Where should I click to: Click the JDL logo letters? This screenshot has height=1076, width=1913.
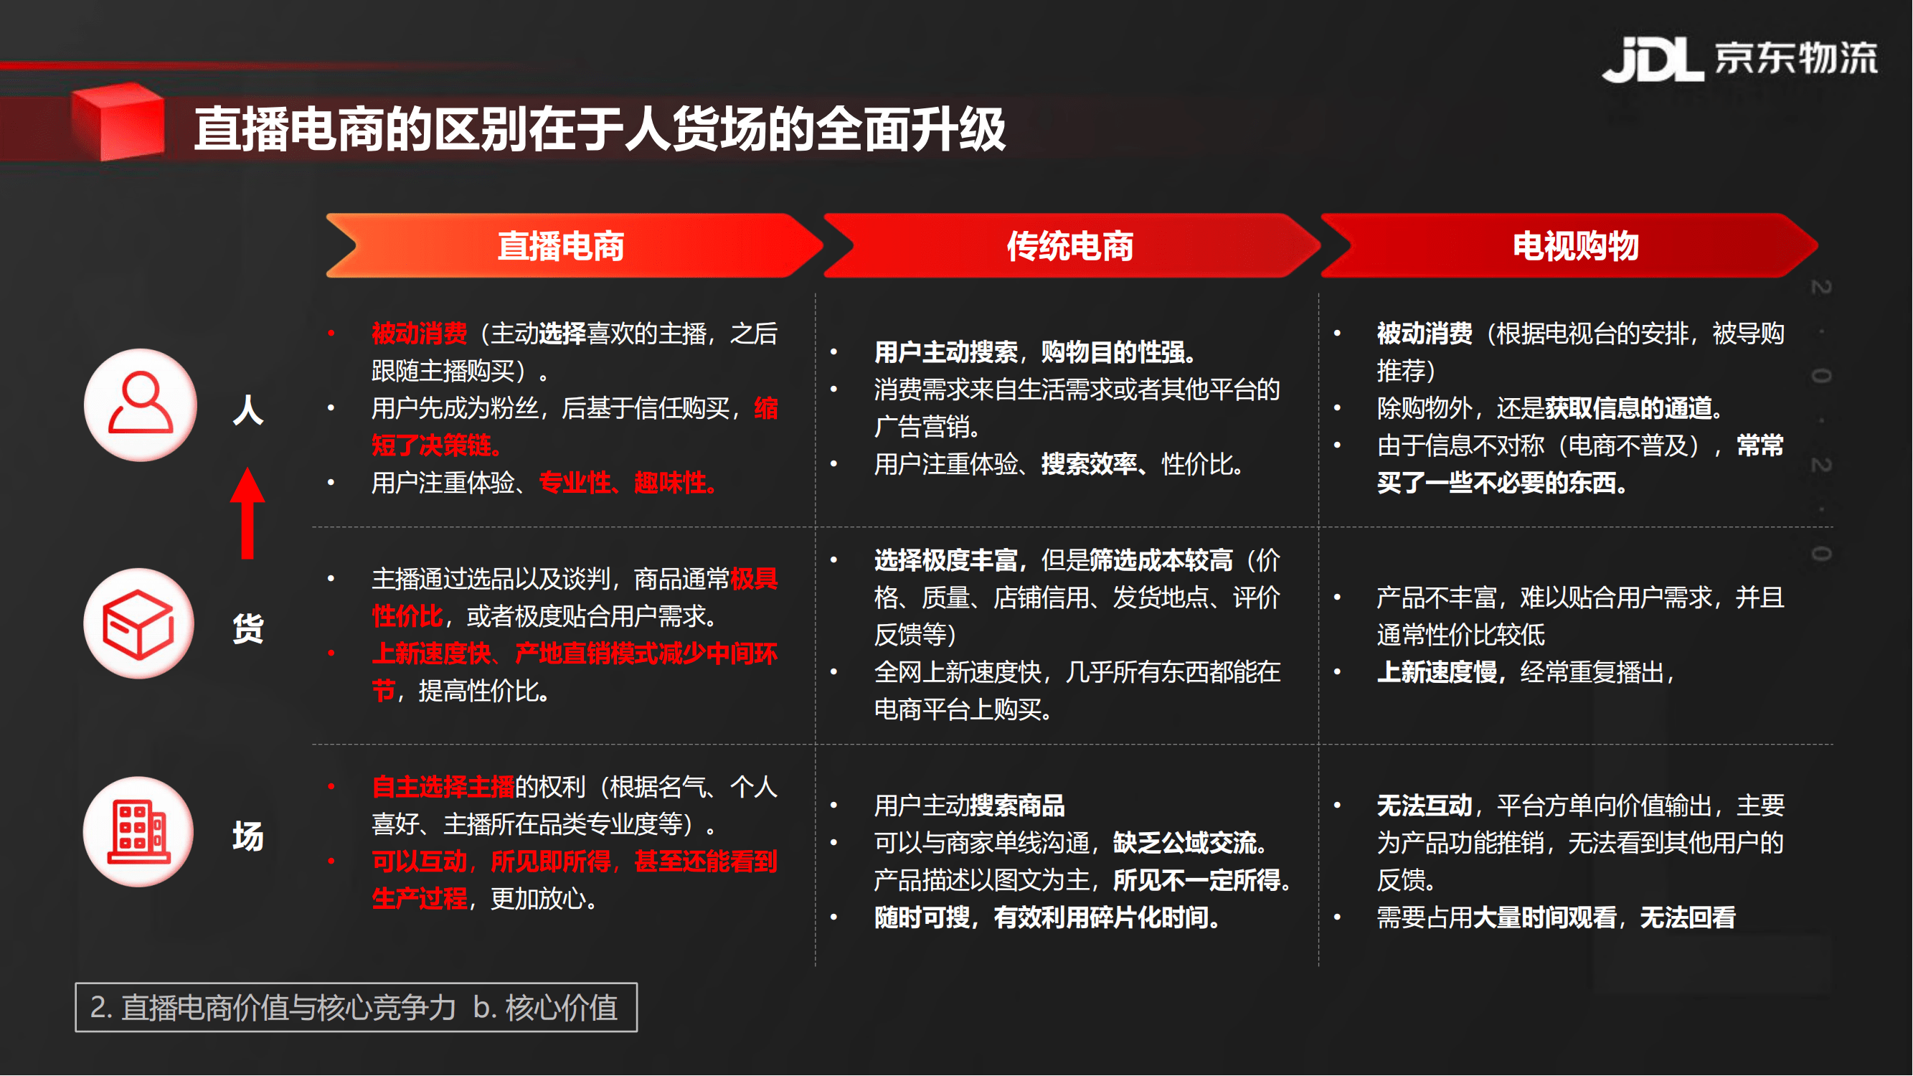[1653, 59]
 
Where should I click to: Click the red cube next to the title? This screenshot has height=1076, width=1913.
[118, 121]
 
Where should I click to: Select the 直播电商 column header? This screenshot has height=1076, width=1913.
[561, 246]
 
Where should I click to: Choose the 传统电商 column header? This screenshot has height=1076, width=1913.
[1070, 246]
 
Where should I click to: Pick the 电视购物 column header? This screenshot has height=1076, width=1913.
[1576, 246]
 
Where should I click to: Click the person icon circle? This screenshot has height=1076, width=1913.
[141, 405]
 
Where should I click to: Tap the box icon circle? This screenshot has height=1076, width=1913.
[139, 624]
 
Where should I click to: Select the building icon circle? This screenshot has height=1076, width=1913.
[139, 832]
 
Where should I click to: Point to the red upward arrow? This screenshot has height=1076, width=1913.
[247, 513]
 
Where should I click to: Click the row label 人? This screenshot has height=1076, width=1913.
[248, 409]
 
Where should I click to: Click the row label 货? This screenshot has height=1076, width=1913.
[248, 628]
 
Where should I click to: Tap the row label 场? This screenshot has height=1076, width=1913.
[248, 837]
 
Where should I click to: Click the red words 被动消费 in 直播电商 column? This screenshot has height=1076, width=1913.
[420, 334]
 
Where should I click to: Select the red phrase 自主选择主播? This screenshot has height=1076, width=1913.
[443, 787]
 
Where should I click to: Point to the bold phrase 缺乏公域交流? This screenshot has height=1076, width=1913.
[1184, 843]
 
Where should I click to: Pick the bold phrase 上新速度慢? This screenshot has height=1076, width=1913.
[1437, 672]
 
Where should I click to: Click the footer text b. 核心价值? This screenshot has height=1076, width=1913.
[546, 1008]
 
